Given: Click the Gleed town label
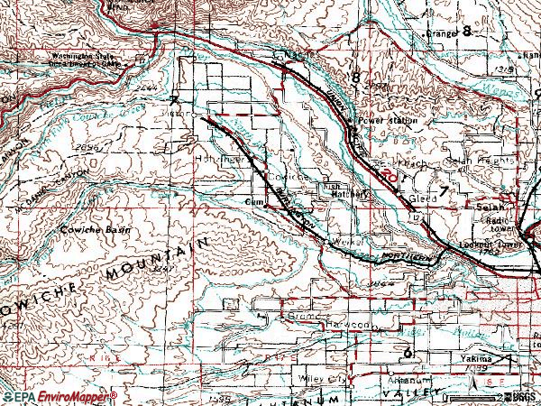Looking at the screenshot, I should (x=423, y=198).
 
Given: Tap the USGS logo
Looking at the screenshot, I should (x=518, y=396).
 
